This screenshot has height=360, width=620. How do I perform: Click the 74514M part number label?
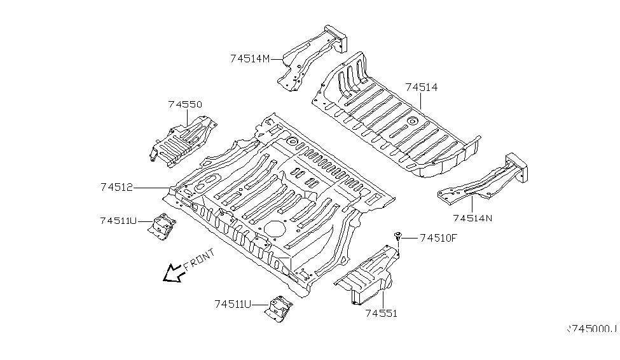coord(250,59)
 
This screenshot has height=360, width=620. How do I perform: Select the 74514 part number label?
coord(422,87)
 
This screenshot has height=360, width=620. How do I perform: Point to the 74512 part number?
coord(116,187)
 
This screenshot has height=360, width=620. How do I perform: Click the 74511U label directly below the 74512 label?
coord(118,221)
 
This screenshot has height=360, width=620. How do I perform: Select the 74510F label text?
coord(438,239)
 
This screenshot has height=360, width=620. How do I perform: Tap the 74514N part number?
coord(472,218)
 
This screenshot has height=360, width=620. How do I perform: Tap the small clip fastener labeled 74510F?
coord(398,237)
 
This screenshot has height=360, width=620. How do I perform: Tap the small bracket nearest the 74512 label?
coord(162,225)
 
